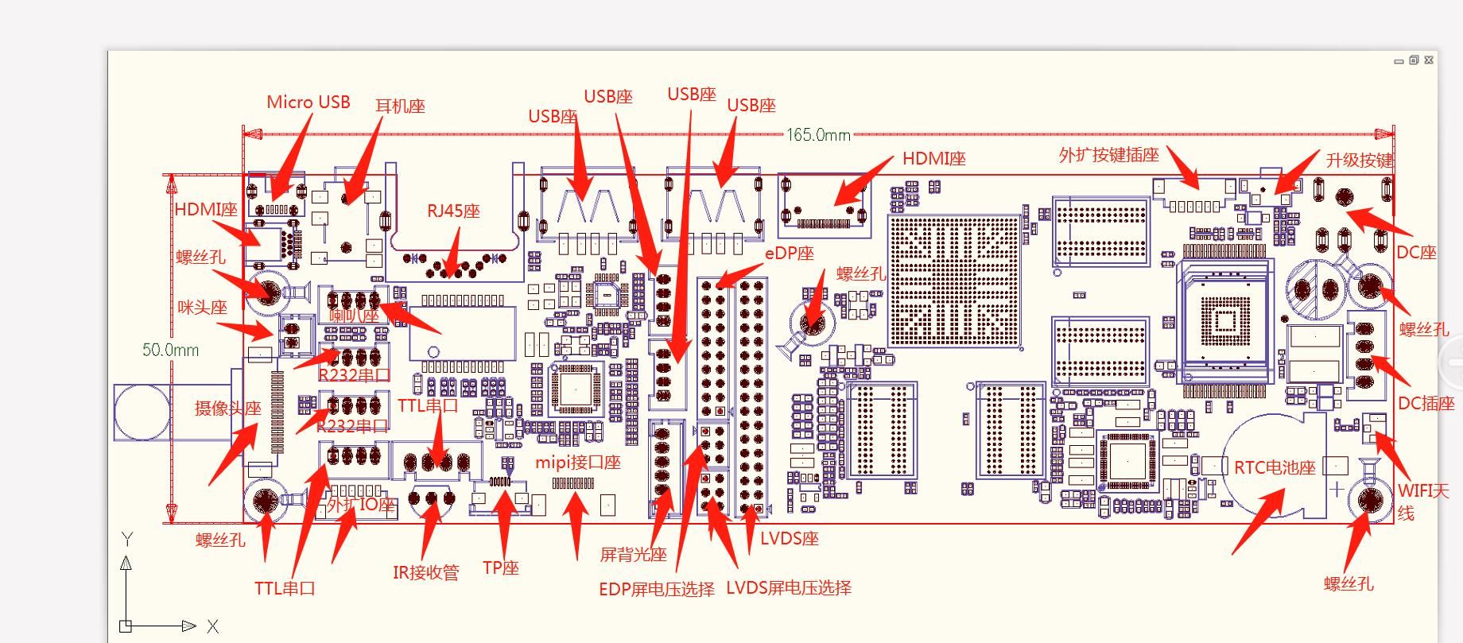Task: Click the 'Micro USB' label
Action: [308, 103]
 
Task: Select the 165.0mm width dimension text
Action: [818, 135]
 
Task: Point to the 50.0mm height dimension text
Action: [170, 350]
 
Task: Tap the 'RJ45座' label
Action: [453, 211]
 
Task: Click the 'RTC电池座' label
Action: [1275, 467]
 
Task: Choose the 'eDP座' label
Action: [790, 254]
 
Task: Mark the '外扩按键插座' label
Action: [1108, 155]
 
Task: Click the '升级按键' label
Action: [1359, 161]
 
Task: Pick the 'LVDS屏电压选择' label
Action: [789, 588]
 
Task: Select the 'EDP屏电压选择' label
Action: [657, 589]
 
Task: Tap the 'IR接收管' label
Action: [425, 573]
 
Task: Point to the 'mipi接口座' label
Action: [577, 463]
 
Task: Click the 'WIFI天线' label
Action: [1423, 502]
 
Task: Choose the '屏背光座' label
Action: [633, 555]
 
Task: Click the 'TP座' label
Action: [500, 568]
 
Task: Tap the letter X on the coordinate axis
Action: [212, 626]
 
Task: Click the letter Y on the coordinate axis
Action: [126, 540]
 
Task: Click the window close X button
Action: [1429, 60]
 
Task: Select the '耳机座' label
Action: [400, 107]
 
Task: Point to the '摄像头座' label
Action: [228, 409]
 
